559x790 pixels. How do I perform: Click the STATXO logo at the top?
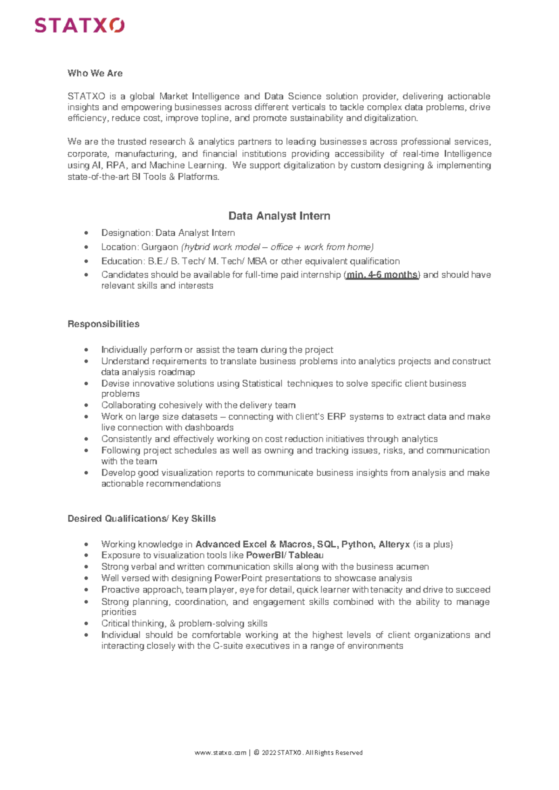(80, 25)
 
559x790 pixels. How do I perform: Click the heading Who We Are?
(95, 73)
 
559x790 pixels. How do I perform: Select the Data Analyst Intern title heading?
(279, 216)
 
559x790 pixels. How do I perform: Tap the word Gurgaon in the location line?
(160, 247)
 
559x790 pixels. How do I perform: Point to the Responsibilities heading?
(103, 324)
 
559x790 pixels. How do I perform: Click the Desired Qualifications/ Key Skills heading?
(142, 518)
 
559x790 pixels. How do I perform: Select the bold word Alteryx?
(394, 544)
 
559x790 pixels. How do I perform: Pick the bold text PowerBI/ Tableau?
(284, 555)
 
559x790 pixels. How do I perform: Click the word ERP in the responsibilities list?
(336, 416)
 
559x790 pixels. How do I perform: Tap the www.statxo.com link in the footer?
(220, 752)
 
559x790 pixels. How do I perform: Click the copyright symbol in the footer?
(256, 752)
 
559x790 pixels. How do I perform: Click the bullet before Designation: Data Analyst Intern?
(86, 233)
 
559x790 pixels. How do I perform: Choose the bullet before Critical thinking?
(86, 624)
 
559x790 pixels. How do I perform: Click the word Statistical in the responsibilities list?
(262, 383)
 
